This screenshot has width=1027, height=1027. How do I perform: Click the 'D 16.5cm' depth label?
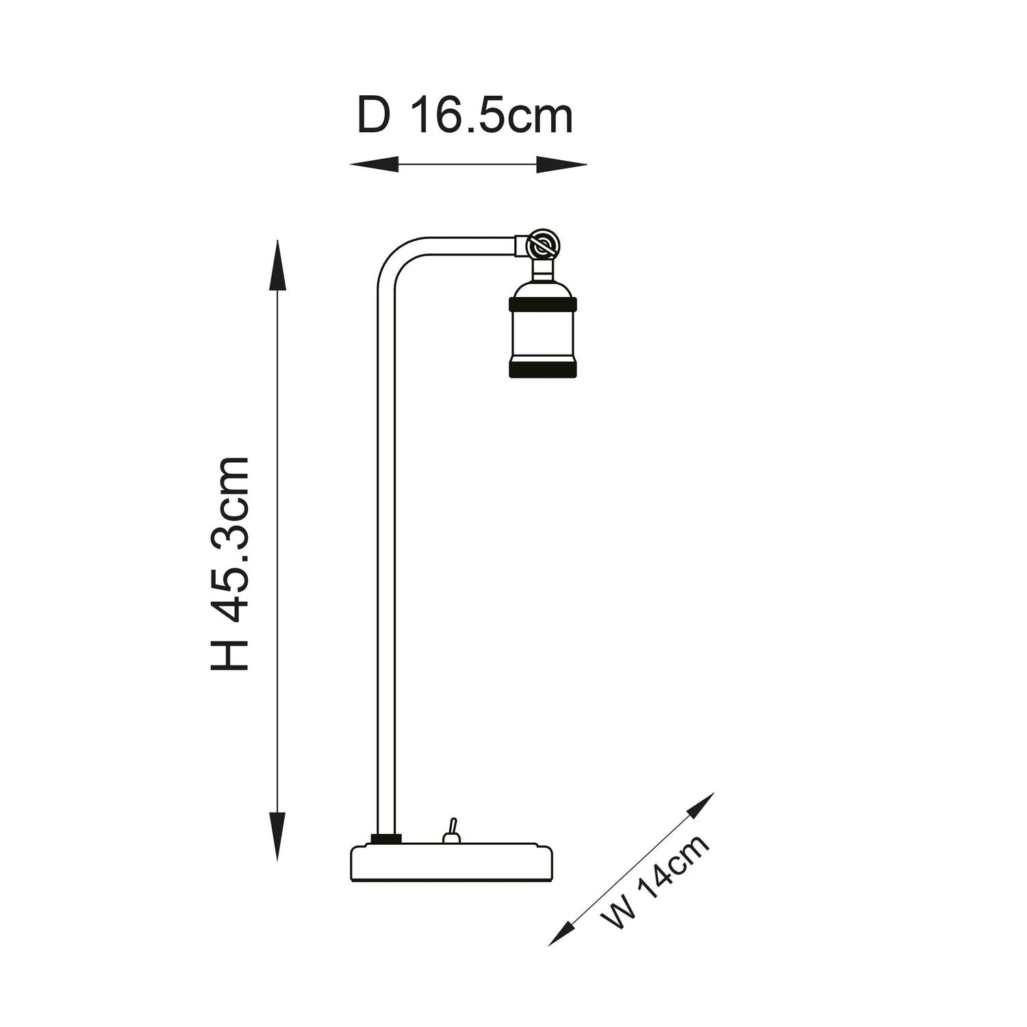coord(465,117)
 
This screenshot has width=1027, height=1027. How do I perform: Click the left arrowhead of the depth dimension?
coord(374,165)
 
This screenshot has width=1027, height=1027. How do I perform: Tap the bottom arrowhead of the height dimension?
coord(277,836)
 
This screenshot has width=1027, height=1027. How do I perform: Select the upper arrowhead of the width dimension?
coord(700,807)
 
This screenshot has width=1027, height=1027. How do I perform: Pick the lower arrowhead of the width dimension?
coord(561,933)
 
